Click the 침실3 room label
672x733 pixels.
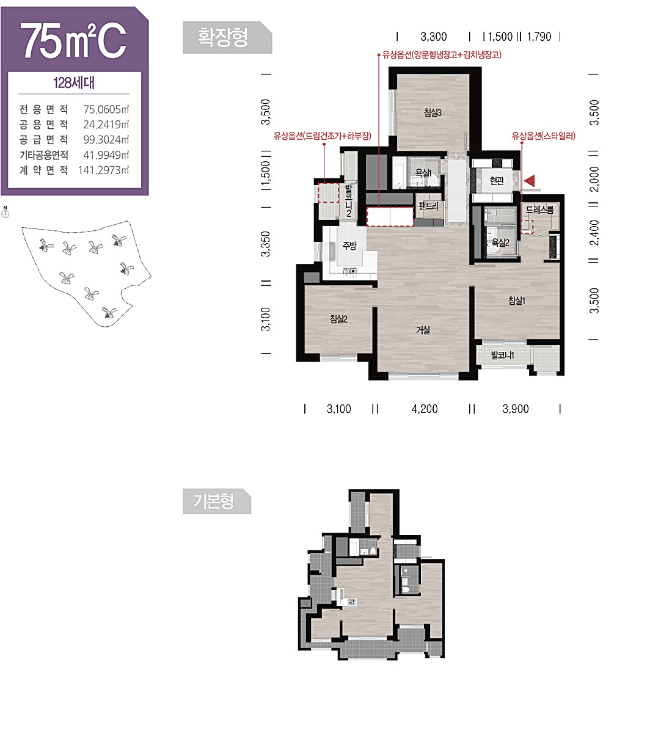(433, 112)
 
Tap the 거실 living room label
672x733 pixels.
(423, 330)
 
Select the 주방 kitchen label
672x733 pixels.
(349, 246)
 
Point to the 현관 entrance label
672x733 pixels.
(497, 181)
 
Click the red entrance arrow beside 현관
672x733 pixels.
(530, 181)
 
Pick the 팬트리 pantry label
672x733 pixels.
(428, 206)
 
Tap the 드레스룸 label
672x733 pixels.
(539, 210)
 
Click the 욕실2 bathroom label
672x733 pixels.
(500, 243)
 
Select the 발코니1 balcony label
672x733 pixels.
(502, 355)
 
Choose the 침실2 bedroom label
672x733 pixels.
(338, 319)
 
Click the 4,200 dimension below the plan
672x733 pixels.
(425, 409)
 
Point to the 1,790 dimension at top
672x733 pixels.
(539, 37)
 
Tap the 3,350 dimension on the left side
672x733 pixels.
(266, 244)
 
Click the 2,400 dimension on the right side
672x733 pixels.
(594, 233)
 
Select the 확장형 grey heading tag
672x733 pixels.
(227, 38)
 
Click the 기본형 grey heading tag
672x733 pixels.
(217, 501)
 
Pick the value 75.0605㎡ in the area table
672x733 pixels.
(106, 109)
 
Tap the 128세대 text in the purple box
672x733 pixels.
(74, 83)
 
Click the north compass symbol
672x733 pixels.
(5, 213)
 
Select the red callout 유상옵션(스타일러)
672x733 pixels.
(543, 136)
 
